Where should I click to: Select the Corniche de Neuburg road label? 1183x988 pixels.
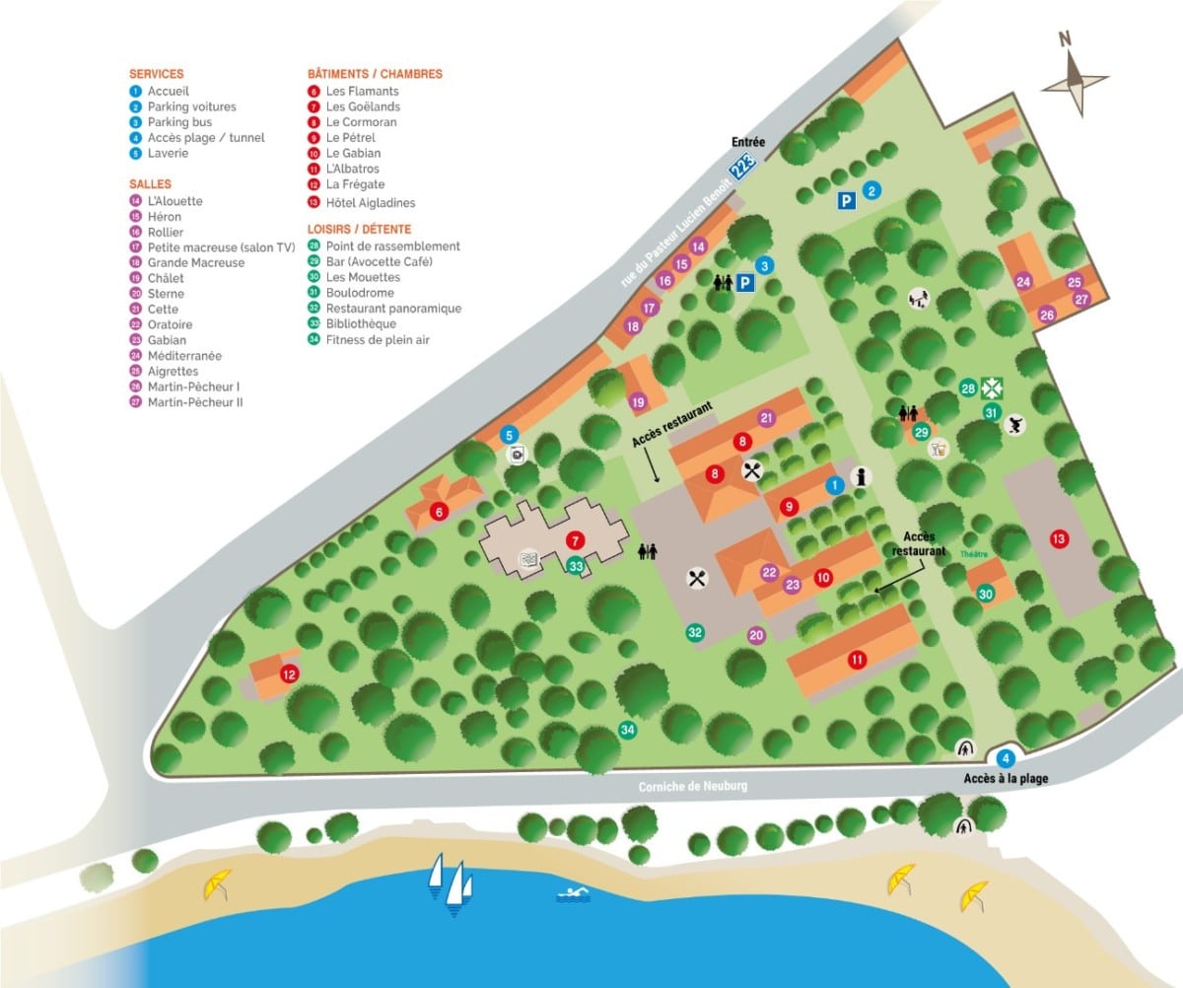(x=693, y=786)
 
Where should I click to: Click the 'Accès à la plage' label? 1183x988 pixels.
(x=1006, y=779)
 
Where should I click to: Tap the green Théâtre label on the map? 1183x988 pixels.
(x=974, y=554)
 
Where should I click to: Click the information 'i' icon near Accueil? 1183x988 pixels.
(x=862, y=476)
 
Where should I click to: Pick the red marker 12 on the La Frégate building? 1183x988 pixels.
(x=289, y=674)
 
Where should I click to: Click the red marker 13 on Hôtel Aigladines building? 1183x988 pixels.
(x=1059, y=539)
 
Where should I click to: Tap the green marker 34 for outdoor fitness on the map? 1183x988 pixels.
(x=627, y=730)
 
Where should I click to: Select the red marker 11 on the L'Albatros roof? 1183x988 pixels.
(x=858, y=660)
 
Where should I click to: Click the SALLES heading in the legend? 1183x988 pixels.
(x=150, y=184)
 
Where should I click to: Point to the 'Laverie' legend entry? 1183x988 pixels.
(x=168, y=154)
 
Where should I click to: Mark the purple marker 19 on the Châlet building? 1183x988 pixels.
(x=638, y=401)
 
